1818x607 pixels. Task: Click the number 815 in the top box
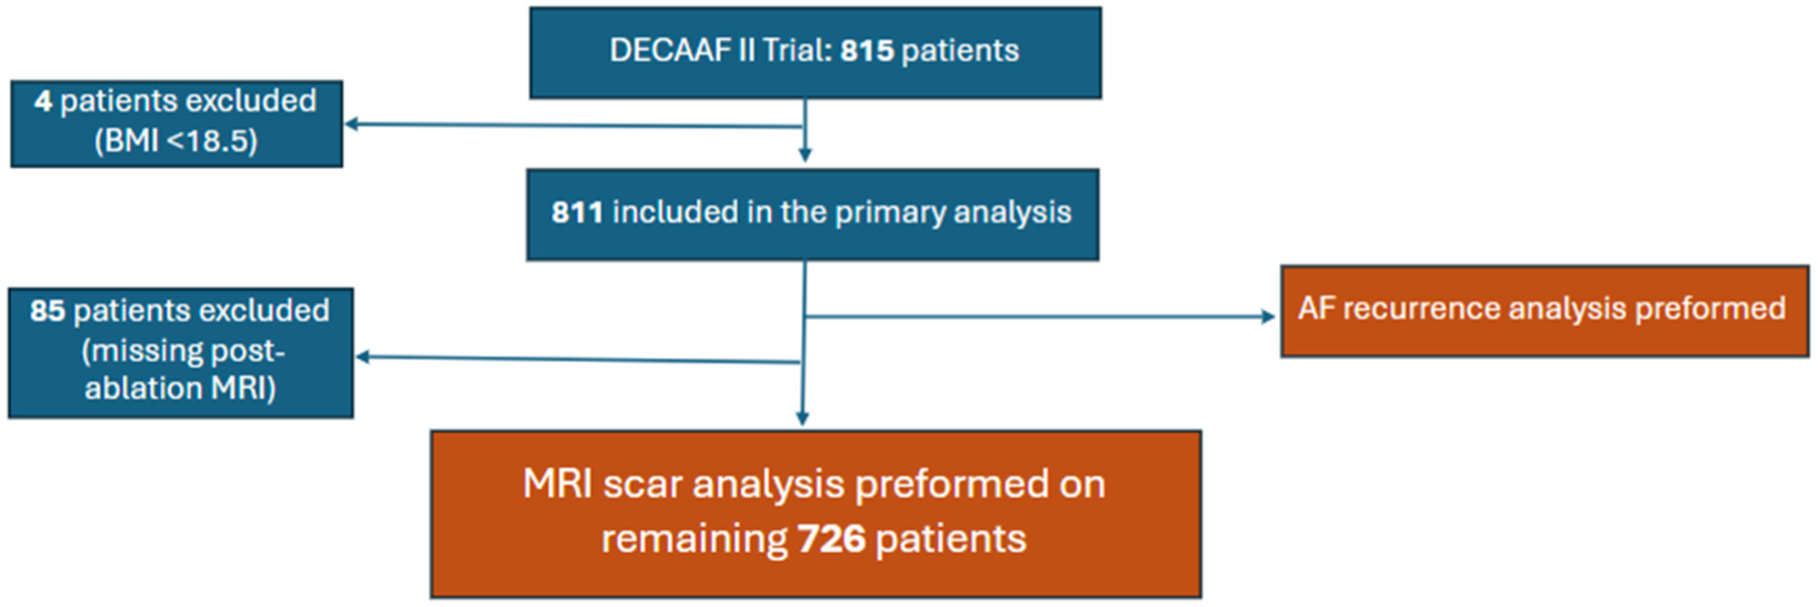coord(867,51)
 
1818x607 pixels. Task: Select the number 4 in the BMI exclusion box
coord(43,101)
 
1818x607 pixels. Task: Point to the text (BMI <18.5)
coord(176,141)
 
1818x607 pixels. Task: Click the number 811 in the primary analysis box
coord(577,213)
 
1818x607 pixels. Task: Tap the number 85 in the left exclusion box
coord(47,311)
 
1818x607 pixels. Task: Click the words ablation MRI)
coord(180,388)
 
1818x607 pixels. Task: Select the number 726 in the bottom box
coord(832,539)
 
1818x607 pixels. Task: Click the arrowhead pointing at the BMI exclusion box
coord(351,124)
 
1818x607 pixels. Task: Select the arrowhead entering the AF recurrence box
coord(1269,316)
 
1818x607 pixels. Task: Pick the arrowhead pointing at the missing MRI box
coord(362,357)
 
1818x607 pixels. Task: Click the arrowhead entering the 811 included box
coord(804,156)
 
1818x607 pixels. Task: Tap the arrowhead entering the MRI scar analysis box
coord(802,419)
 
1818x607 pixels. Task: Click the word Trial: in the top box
coord(797,51)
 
